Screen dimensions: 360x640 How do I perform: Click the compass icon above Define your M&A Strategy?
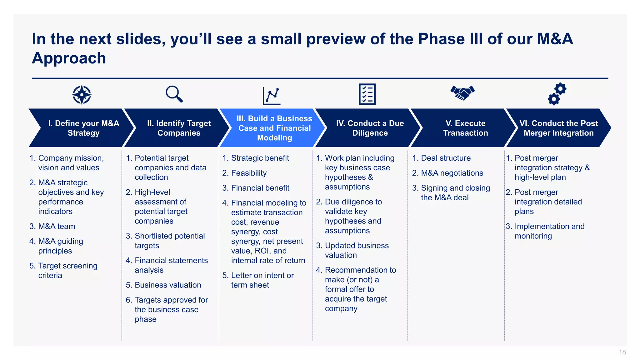[82, 94]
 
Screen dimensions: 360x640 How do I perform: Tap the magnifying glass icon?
[174, 94]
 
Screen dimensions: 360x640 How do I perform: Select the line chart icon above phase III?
[272, 96]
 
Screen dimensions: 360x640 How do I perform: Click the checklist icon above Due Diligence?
[367, 94]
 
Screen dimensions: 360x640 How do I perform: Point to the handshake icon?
[462, 93]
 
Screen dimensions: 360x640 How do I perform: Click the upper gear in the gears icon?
[560, 89]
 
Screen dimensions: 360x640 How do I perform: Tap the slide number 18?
[622, 352]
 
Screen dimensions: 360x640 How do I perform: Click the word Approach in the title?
[69, 58]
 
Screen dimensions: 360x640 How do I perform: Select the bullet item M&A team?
[57, 226]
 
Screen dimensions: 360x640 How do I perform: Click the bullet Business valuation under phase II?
[167, 285]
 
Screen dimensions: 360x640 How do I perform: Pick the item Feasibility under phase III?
[249, 173]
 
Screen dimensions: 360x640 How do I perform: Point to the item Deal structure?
[445, 158]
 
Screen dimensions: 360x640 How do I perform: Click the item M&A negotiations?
[452, 173]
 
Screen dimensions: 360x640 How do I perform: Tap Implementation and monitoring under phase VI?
[549, 231]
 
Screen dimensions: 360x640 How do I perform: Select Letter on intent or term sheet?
[262, 280]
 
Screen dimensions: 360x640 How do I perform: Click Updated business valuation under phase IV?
[356, 250]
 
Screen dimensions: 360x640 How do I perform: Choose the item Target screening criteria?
[67, 271]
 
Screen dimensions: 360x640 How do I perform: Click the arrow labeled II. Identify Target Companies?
[179, 128]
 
